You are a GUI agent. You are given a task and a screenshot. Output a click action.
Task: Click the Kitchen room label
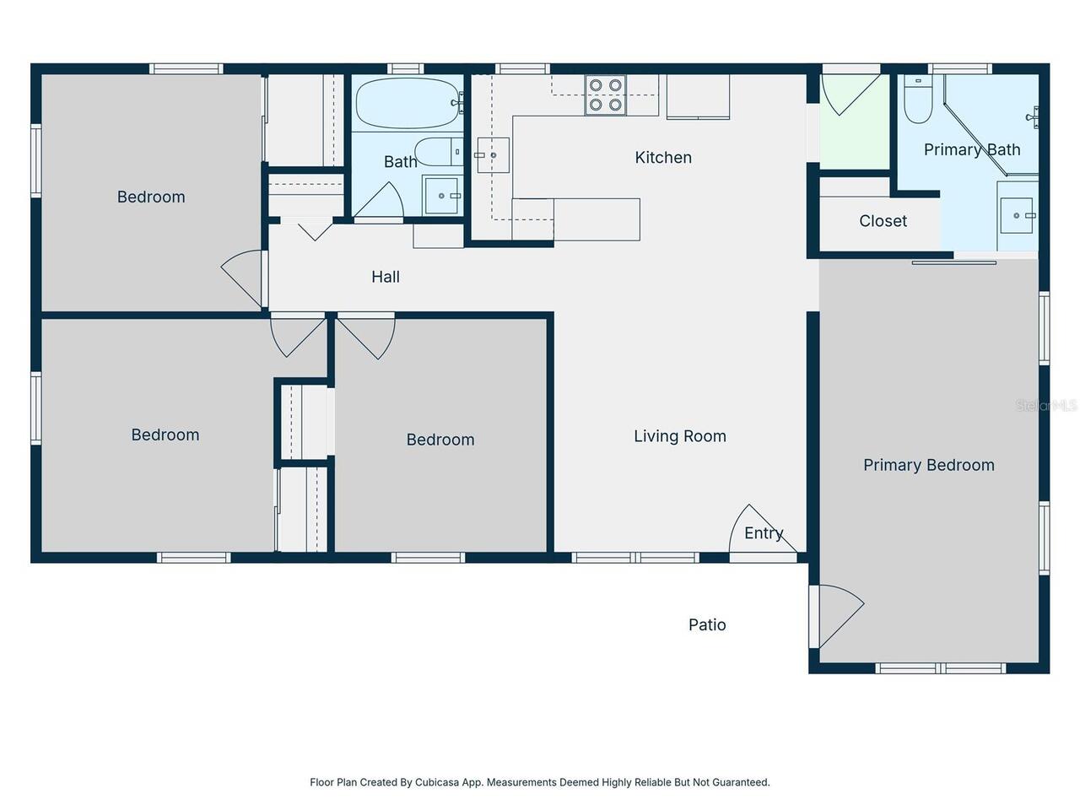pos(663,158)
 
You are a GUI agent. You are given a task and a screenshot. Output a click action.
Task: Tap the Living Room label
pos(679,436)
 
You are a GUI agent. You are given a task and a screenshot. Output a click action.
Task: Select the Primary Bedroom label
pos(928,465)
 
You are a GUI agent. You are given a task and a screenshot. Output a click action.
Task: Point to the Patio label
pos(707,624)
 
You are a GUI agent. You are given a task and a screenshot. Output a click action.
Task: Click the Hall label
pos(386,277)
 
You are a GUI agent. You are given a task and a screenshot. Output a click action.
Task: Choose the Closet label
pos(883,221)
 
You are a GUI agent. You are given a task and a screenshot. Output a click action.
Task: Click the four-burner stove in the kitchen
pos(605,94)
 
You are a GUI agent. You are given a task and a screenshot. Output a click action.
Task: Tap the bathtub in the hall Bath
pos(406,103)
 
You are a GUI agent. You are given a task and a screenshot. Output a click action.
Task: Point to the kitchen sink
pos(493,155)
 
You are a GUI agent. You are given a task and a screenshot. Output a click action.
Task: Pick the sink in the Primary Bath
pos(1018,216)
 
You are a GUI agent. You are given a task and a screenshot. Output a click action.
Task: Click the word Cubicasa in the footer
pos(437,782)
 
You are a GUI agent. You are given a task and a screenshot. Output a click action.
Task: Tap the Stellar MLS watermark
pos(1046,406)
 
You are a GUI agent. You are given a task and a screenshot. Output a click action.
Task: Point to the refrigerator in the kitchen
pos(698,96)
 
